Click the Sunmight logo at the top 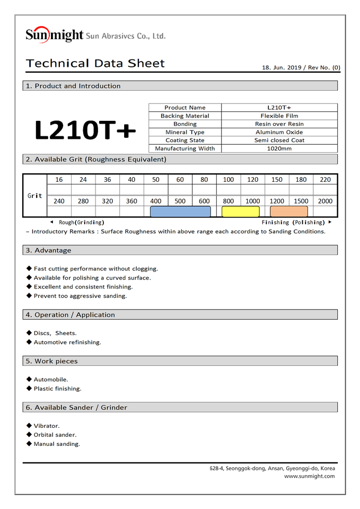pos(55,35)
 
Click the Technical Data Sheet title pos(95,64)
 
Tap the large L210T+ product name pos(85,130)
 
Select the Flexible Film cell pos(279,116)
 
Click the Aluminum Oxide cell pos(279,132)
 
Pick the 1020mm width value pos(279,148)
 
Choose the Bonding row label pos(185,124)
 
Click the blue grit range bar pos(180,212)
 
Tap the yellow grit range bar pos(240,212)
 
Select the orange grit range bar pos(288,212)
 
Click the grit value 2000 pos(325,201)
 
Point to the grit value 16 pos(59,180)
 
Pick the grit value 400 pos(156,201)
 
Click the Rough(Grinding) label pos(81,223)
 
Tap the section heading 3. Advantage pos(53,250)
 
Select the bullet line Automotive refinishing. pos(67,343)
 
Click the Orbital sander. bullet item pos(55,435)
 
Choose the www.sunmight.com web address pos(309,476)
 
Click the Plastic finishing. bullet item pos(57,389)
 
